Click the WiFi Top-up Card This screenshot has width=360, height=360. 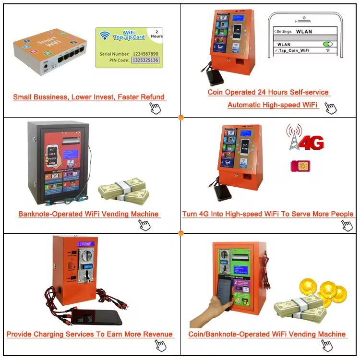point(129,47)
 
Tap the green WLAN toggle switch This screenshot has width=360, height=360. point(328,44)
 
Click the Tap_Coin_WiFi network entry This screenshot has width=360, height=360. point(293,49)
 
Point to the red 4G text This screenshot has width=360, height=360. point(311,143)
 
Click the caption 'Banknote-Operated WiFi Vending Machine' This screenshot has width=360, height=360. point(88,214)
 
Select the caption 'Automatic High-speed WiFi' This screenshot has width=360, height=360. point(273,105)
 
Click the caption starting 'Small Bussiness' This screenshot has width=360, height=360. point(89,97)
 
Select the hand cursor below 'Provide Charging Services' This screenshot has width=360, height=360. point(161,345)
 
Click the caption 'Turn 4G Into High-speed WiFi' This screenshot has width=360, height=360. point(267,214)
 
